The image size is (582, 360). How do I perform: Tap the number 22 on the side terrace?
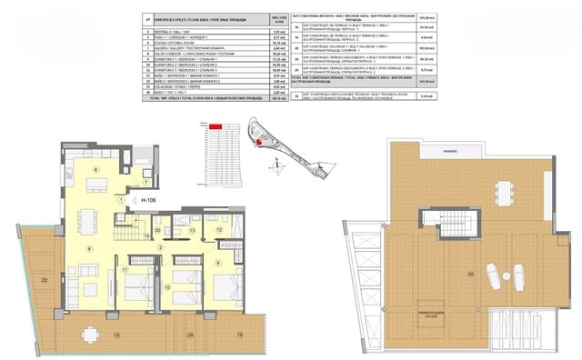pyautogui.click(x=45, y=280)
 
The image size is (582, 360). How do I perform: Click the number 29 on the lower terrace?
pyautogui.click(x=188, y=335)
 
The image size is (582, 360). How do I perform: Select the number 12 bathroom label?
pyautogui.click(x=219, y=231)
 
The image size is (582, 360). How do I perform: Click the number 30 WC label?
pyautogui.click(x=157, y=231)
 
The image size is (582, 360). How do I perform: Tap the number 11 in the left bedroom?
pyautogui.click(x=124, y=270)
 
